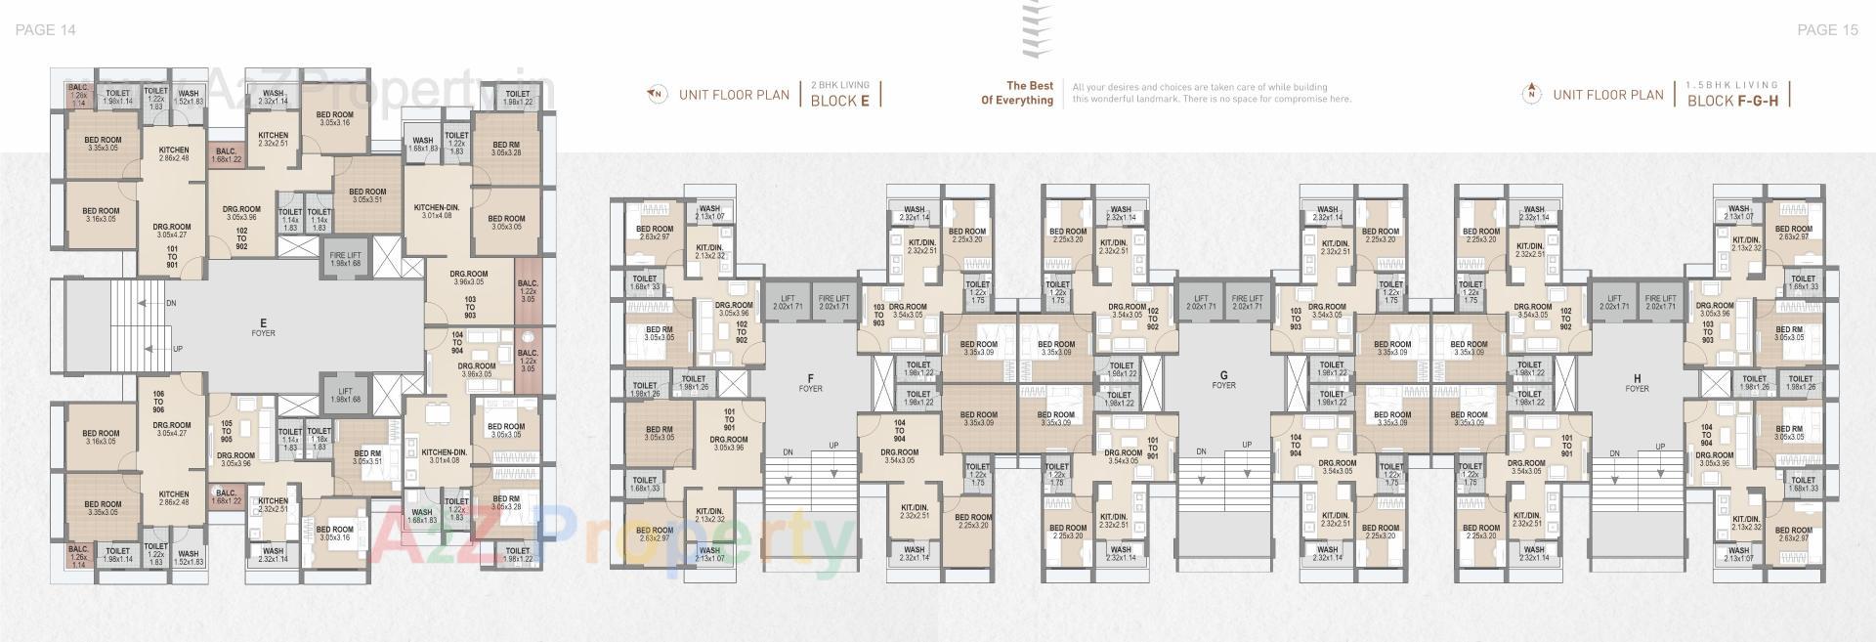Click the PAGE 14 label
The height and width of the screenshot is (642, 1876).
point(46,30)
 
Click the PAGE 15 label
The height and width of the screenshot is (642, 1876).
point(1827,30)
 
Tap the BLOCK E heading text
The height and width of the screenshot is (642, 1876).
point(839,101)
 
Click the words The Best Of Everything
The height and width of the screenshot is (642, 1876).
point(1017,93)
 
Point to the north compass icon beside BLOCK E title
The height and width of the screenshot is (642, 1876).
point(658,95)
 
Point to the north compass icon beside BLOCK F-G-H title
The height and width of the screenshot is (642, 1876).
point(1531,95)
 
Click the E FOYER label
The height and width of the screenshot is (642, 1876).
point(263,326)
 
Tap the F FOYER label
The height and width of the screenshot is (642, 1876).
point(810,382)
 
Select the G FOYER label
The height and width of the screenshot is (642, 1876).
point(1223,379)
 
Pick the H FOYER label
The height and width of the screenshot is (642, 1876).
point(1637,382)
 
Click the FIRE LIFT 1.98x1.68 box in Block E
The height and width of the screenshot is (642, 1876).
point(345,259)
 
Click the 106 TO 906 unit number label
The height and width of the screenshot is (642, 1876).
point(158,402)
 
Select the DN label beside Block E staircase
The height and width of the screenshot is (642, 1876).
point(171,304)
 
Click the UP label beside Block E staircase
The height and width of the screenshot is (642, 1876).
point(177,349)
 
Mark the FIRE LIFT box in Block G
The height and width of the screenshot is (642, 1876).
point(1247,303)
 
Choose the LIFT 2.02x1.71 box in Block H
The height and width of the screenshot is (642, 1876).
point(1614,303)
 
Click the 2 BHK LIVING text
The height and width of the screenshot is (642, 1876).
point(839,85)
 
